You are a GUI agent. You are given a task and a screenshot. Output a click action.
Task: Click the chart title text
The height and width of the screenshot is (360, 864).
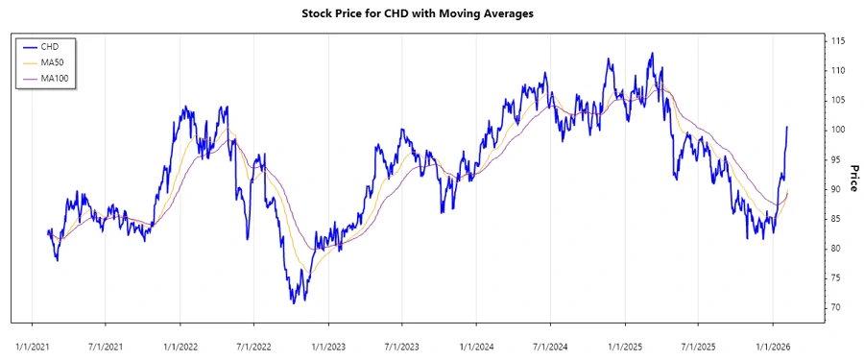[431, 13]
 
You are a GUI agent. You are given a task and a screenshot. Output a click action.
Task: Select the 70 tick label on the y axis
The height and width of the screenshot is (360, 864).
[836, 307]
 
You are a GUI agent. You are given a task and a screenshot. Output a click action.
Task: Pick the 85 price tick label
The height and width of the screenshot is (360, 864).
[836, 219]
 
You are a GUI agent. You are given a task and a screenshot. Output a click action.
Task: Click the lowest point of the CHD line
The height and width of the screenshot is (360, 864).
[294, 303]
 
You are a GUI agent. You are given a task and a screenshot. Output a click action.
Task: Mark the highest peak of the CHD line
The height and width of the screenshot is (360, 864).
[653, 53]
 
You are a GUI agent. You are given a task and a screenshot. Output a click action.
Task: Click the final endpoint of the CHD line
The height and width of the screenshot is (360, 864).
[787, 127]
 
